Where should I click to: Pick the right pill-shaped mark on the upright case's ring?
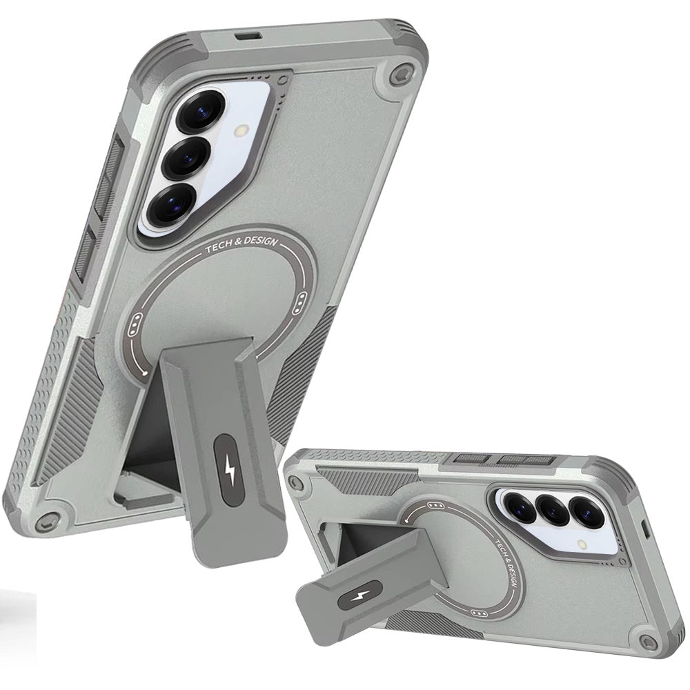302,302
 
